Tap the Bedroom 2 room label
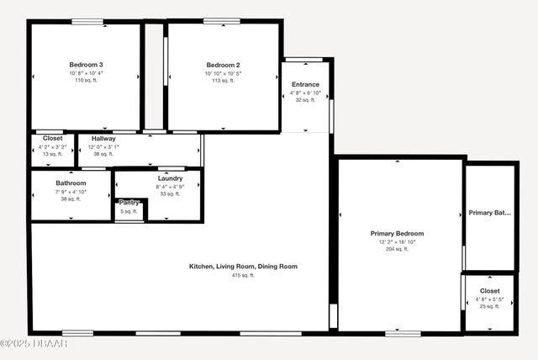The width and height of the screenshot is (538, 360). pyautogui.click(x=224, y=65)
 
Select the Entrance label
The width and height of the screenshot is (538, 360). pyautogui.click(x=305, y=85)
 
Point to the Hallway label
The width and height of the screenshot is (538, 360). pyautogui.click(x=103, y=139)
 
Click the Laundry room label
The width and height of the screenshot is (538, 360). pyautogui.click(x=170, y=178)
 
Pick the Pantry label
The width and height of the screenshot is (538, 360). pyautogui.click(x=129, y=203)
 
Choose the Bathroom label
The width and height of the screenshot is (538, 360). pyautogui.click(x=71, y=183)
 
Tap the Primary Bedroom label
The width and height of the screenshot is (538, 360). pyautogui.click(x=397, y=234)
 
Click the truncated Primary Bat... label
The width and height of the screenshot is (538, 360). pyautogui.click(x=489, y=214)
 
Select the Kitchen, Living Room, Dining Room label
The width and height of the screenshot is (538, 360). pyautogui.click(x=243, y=267)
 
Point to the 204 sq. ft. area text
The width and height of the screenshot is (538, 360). pyautogui.click(x=397, y=249)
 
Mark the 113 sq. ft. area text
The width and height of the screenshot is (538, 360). pyautogui.click(x=224, y=82)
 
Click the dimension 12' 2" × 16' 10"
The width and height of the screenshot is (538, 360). pyautogui.click(x=397, y=242)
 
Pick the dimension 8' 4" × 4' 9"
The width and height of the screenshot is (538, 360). pyautogui.click(x=170, y=187)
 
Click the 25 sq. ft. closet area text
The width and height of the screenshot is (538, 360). pyautogui.click(x=489, y=306)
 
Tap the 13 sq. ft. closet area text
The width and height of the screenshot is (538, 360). pyautogui.click(x=52, y=154)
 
